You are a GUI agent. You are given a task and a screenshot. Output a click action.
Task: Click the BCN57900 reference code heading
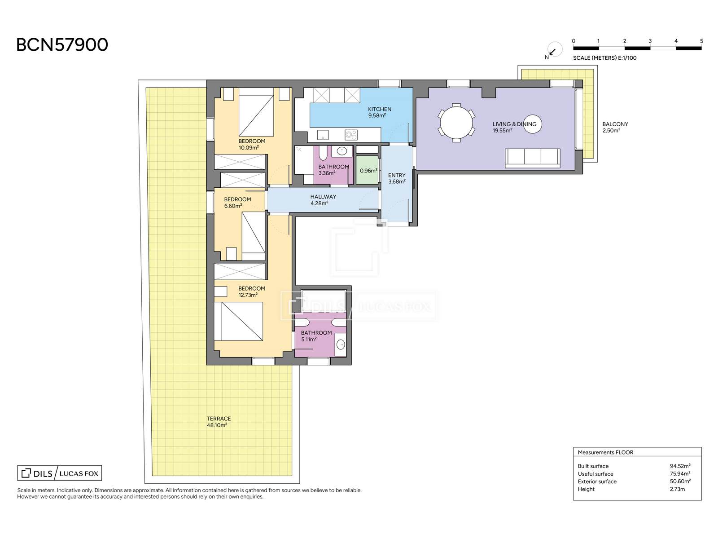click(x=62, y=45)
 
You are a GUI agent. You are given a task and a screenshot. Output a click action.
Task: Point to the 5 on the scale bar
click(x=701, y=41)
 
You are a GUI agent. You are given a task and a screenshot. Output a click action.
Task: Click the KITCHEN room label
click(x=380, y=109)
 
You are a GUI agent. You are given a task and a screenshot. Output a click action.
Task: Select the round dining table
click(x=456, y=123)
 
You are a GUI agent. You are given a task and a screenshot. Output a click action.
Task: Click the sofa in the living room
click(x=533, y=158)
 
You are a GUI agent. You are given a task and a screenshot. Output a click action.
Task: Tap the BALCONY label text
click(x=615, y=124)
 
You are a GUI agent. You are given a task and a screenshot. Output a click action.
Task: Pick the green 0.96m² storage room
click(x=368, y=170)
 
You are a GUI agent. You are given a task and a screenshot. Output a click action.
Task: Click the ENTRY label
click(x=397, y=175)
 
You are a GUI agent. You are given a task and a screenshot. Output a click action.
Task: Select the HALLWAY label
click(x=323, y=197)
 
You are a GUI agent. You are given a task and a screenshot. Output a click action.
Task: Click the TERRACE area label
click(x=219, y=419)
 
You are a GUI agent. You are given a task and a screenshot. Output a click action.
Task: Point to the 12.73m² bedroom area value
click(x=248, y=295)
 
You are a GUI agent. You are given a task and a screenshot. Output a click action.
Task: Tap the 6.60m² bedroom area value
click(x=233, y=206)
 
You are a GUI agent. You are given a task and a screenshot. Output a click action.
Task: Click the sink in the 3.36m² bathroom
click(x=342, y=151)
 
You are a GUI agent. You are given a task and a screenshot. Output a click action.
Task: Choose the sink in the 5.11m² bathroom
click(x=341, y=344)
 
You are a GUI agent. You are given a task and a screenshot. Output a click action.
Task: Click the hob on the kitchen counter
click(x=351, y=134)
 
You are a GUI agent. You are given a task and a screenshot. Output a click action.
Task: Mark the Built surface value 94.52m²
click(x=680, y=466)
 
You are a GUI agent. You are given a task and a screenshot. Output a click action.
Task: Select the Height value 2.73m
click(x=677, y=489)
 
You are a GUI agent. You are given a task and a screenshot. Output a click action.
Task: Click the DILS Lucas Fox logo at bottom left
click(x=60, y=473)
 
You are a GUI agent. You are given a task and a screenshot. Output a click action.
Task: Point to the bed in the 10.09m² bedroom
click(x=256, y=115)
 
